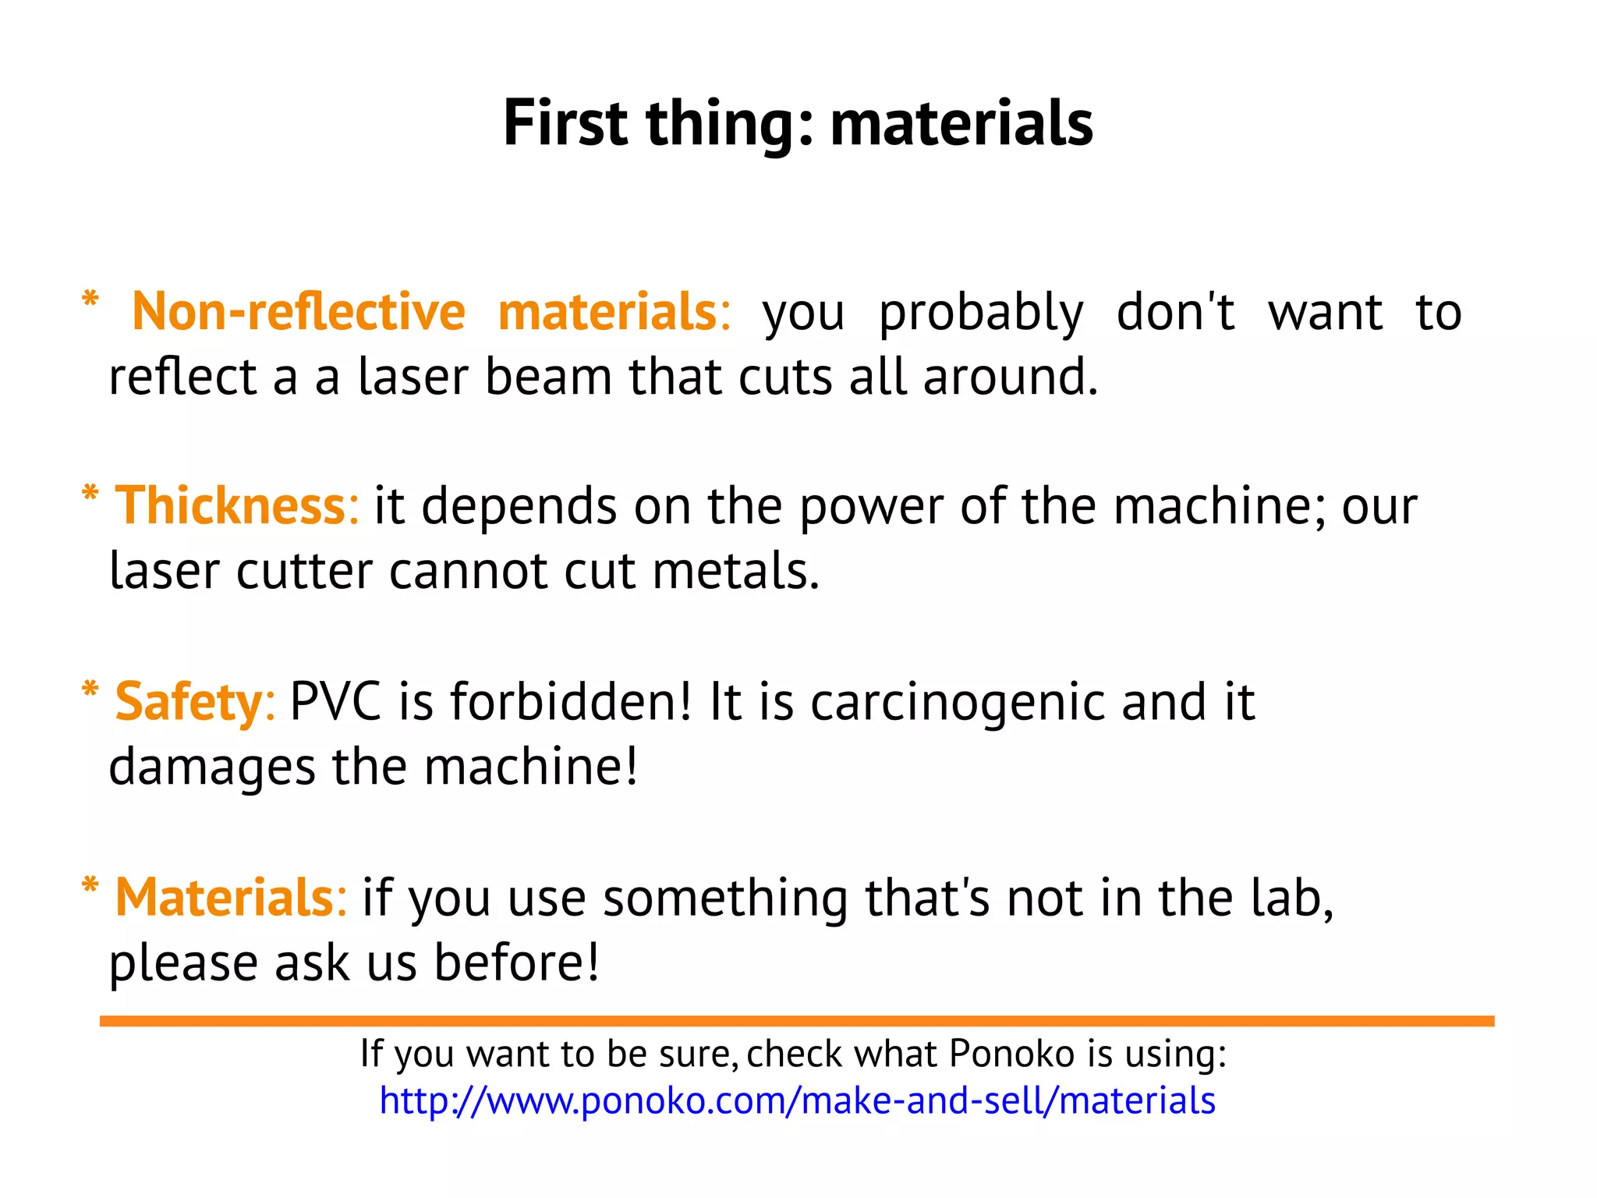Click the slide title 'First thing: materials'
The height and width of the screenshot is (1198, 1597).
pos(798,123)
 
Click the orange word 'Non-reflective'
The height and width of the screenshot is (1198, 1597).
pos(298,312)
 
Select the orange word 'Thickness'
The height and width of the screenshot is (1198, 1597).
pos(230,506)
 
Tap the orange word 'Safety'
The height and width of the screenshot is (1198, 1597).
pos(189,702)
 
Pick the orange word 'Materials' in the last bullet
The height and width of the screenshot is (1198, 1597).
pos(224,898)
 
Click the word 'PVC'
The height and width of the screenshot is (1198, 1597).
pos(335,702)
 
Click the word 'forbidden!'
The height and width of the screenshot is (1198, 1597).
pos(571,702)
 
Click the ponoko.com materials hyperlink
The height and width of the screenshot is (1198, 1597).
pos(797,1101)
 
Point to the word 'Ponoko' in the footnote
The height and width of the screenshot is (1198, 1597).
pos(1012,1054)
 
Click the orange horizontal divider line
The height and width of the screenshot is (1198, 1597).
pos(797,1021)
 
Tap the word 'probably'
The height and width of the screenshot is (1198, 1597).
pos(981,314)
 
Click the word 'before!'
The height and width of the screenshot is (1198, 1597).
pos(516,962)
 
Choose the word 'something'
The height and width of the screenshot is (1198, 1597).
pos(724,899)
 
